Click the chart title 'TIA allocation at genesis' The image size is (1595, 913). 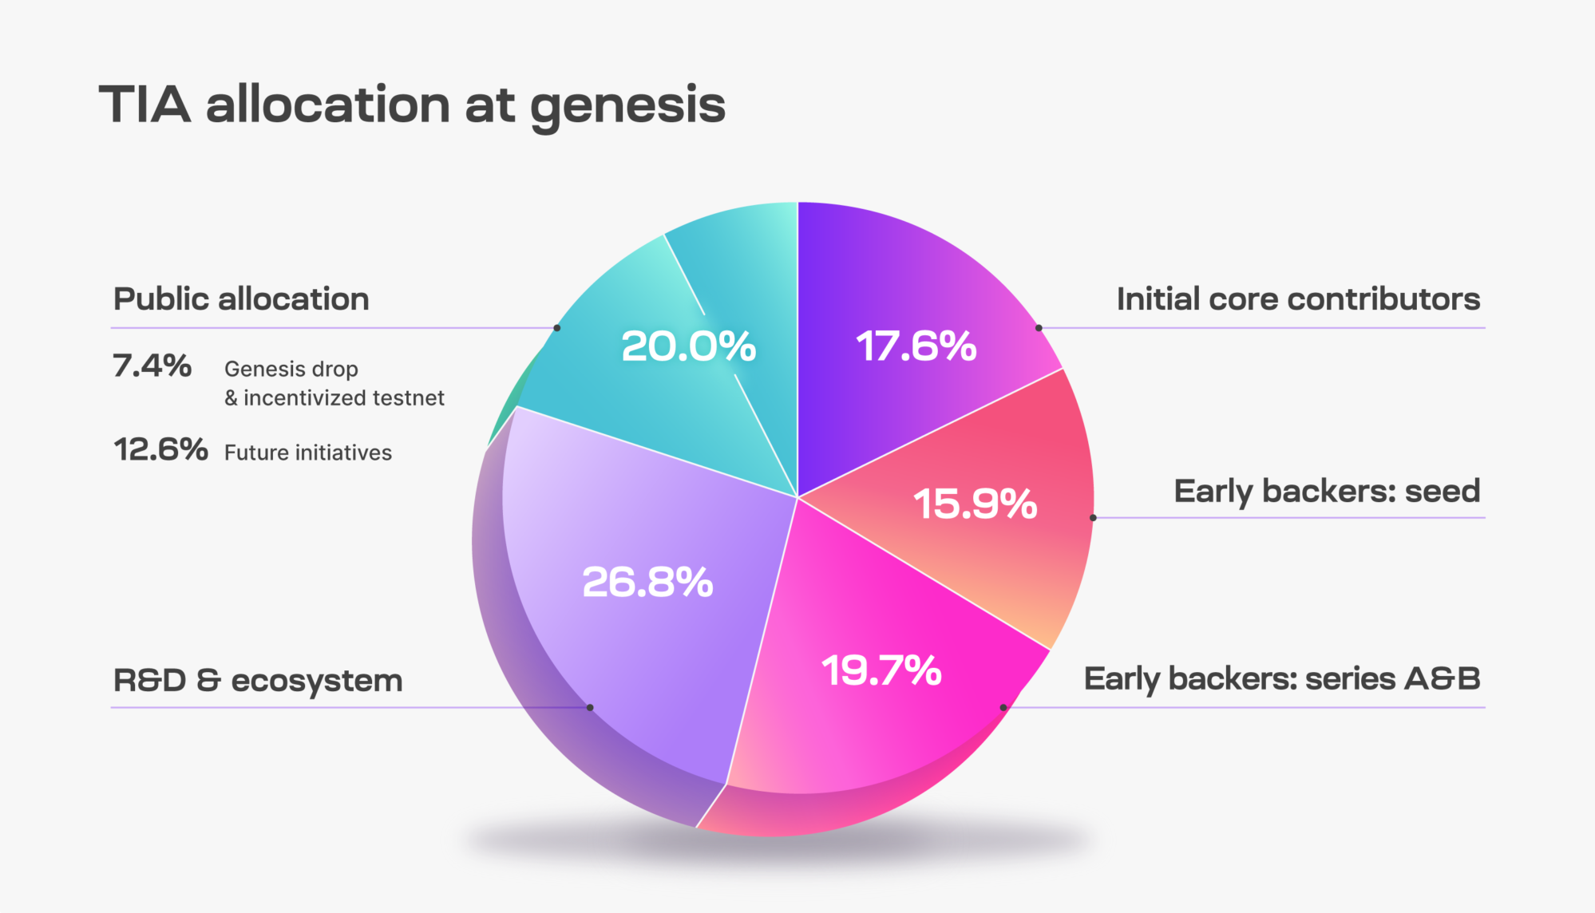click(412, 106)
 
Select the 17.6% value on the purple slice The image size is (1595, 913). click(916, 346)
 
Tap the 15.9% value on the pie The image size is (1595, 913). click(975, 504)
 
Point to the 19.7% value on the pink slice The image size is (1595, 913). click(881, 670)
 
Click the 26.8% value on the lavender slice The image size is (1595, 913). click(647, 582)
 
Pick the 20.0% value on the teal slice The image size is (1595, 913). click(688, 346)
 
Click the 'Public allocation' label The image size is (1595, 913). click(241, 299)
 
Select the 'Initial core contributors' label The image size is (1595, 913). click(1298, 299)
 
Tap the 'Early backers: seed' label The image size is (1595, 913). click(1327, 492)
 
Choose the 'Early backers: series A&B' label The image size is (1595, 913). click(1282, 679)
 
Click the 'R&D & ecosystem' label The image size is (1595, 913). click(258, 681)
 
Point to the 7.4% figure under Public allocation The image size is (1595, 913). click(152, 366)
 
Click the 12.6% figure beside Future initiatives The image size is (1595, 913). click(160, 449)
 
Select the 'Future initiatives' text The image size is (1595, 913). click(308, 453)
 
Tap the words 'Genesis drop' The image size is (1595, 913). click(291, 370)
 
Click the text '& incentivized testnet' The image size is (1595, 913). click(334, 397)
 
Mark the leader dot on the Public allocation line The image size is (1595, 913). click(557, 328)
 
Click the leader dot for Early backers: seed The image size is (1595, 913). click(1093, 518)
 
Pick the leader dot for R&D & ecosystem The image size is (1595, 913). click(590, 707)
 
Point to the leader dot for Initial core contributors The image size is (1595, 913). click(1039, 328)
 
